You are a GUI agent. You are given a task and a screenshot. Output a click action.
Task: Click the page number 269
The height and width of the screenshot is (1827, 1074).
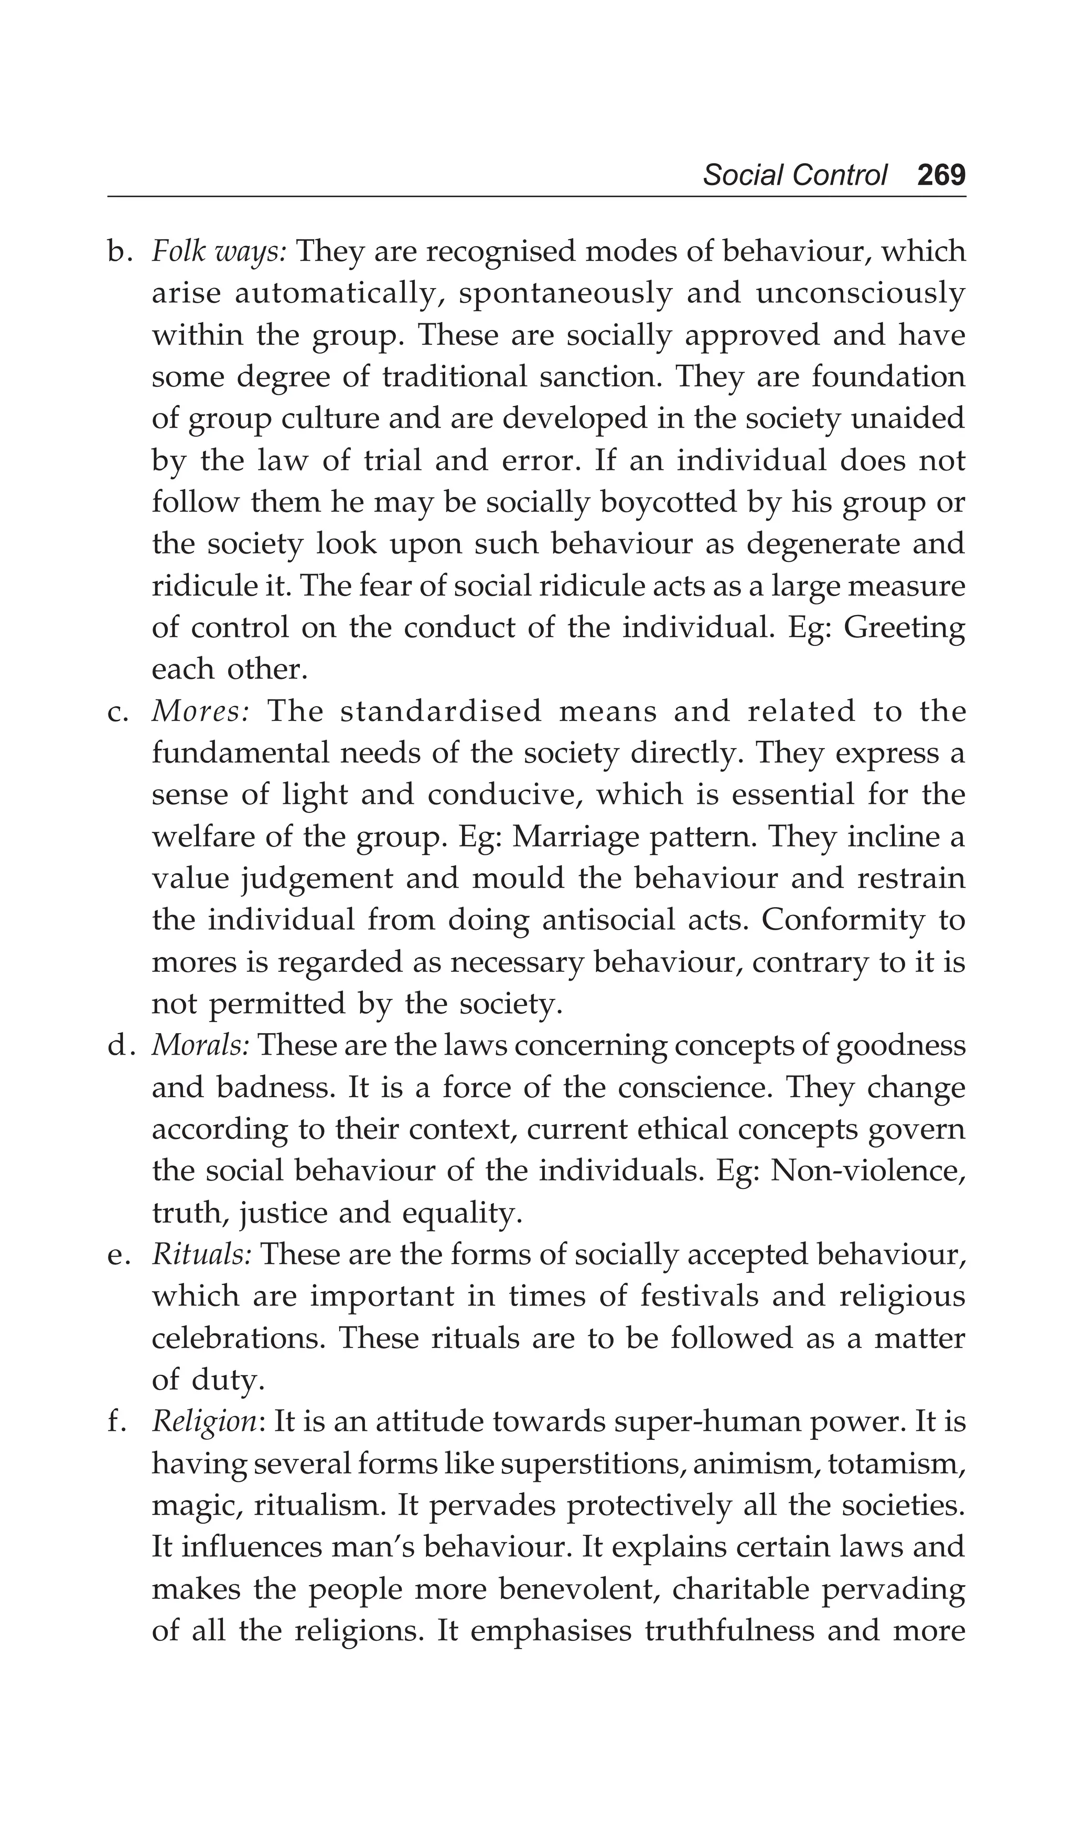[941, 175]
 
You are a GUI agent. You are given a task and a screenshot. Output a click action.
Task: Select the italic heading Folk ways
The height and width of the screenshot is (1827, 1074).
[220, 252]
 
